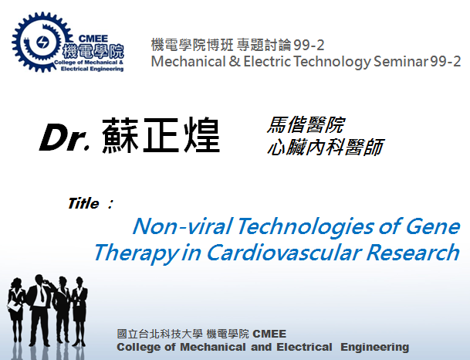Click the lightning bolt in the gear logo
pos(42,42)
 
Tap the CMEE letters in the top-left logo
pos(93,39)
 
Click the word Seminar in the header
pos(401,62)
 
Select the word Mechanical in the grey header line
pos(188,62)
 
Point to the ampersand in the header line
pos(235,62)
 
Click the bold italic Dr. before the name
pos(65,137)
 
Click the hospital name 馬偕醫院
pos(306,124)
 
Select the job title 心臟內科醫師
pos(326,147)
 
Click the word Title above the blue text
pos(83,203)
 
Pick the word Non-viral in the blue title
pos(183,226)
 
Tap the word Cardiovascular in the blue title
pos(284,253)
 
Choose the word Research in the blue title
pos(413,253)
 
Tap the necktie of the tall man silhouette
pos(42,294)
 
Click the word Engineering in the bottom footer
pos(374,347)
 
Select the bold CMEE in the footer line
pos(269,334)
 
